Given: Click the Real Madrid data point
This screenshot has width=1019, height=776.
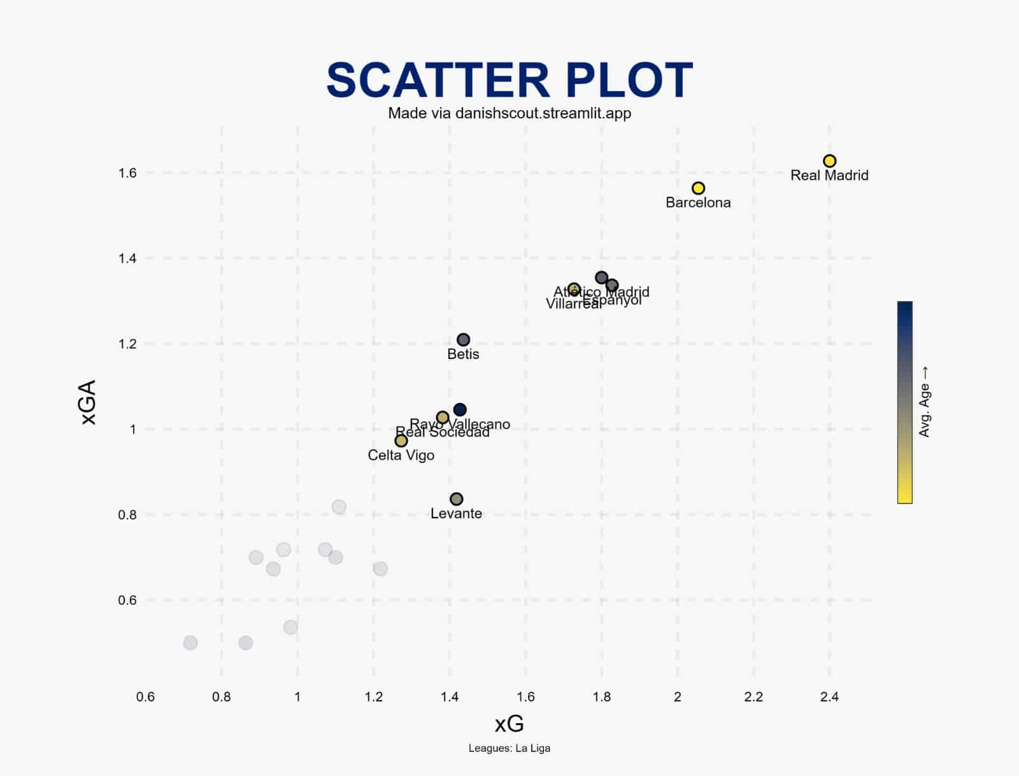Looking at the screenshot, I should click(x=829, y=161).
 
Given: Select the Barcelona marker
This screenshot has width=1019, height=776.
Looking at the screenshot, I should click(x=698, y=188).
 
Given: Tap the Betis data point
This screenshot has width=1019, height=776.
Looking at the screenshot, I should click(x=464, y=340).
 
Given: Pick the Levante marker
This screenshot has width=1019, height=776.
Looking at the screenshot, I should click(x=456, y=499).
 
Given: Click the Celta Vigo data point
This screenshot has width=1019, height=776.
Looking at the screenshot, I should click(x=401, y=441).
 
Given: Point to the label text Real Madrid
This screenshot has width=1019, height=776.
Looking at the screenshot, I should click(x=829, y=176).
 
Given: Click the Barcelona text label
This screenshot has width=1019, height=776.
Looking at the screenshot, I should click(x=698, y=203).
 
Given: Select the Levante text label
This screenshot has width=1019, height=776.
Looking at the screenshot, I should click(x=456, y=514).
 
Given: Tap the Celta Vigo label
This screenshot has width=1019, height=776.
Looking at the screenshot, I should click(x=401, y=456).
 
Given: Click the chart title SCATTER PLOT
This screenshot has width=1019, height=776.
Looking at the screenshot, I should click(x=509, y=80).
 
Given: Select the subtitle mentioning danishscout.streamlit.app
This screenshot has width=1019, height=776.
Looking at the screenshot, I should click(x=509, y=113).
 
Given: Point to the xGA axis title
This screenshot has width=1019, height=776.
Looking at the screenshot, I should click(x=89, y=402).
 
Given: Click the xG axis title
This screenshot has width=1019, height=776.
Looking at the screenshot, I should click(x=509, y=724).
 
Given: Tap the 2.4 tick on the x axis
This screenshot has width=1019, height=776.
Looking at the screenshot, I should click(x=829, y=697).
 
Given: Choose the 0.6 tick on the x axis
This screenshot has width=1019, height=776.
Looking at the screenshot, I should click(x=145, y=697).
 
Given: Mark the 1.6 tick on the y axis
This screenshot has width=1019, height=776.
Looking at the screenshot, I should click(x=127, y=173).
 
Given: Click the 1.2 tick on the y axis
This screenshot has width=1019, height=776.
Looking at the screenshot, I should click(x=127, y=344).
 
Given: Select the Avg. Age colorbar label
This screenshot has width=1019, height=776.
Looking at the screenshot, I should click(x=925, y=402).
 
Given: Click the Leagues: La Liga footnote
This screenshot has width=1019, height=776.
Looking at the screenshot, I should click(x=509, y=749).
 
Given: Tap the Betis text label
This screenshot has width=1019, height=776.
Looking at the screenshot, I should click(x=463, y=355).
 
